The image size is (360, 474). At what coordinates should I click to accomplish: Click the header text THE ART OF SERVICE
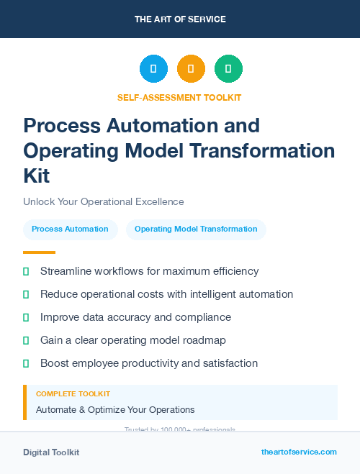tap(179, 19)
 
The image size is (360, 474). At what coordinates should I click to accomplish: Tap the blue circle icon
tap(153, 68)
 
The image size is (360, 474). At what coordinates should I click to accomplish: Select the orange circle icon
tap(191, 68)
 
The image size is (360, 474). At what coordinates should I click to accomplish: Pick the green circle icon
tap(228, 68)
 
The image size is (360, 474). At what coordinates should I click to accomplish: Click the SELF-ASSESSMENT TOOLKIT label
tap(179, 98)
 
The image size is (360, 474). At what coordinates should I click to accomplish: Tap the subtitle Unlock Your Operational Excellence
tap(104, 201)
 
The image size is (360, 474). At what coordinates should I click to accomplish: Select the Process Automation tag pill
tap(70, 229)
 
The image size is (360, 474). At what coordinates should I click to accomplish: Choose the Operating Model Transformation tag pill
tap(196, 229)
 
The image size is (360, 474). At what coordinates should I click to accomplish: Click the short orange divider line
tap(39, 252)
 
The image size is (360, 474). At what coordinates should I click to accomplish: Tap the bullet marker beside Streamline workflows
tap(26, 271)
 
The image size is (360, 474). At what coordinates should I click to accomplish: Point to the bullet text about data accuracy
tap(135, 317)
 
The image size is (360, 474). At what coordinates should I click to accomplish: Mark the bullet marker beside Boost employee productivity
tap(26, 363)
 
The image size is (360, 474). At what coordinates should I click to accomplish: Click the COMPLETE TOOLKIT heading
tap(73, 394)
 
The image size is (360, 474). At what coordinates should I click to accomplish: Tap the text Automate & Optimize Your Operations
tap(115, 410)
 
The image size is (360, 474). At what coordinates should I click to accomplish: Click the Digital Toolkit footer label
tap(51, 452)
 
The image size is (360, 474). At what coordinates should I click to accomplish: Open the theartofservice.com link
tap(299, 452)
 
